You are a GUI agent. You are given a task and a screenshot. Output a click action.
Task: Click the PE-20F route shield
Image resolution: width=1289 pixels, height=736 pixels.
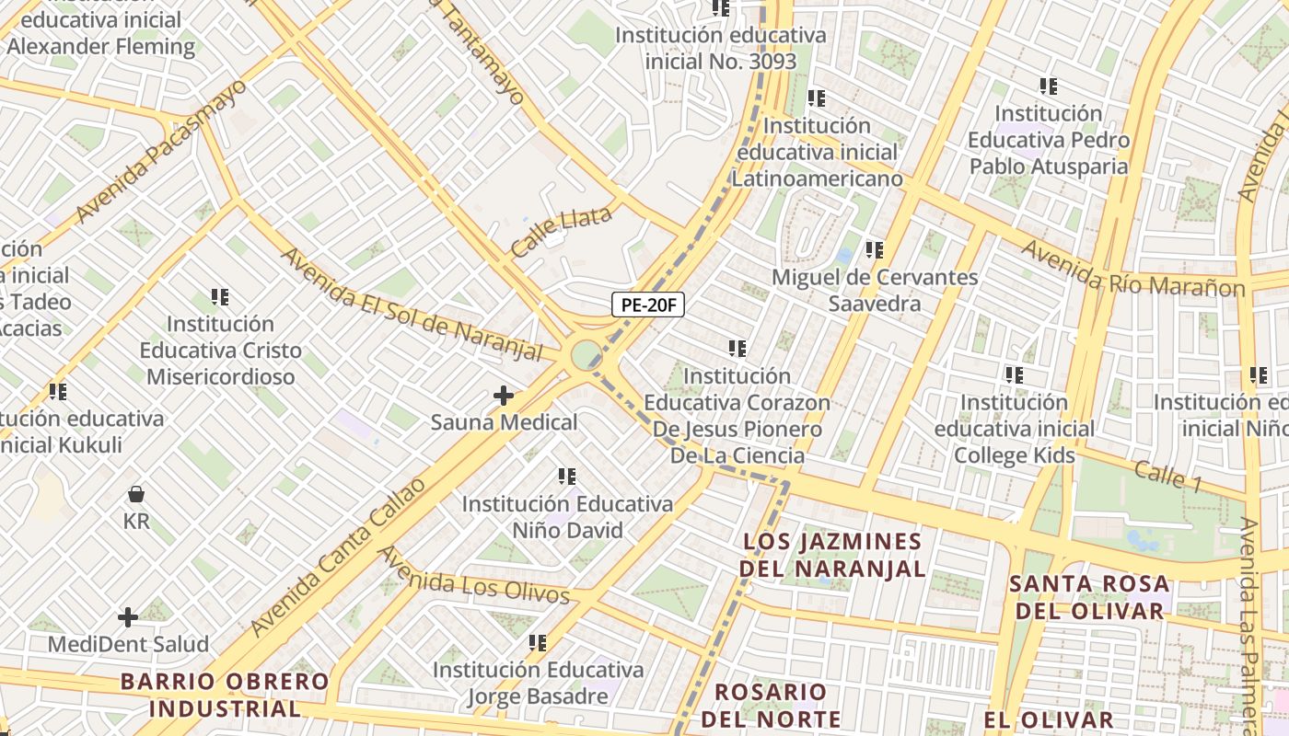coord(648,305)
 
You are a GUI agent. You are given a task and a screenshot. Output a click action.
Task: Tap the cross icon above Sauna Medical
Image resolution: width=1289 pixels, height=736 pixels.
coord(504,396)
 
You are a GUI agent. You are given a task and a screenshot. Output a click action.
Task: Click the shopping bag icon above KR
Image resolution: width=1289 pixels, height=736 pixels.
coord(136,494)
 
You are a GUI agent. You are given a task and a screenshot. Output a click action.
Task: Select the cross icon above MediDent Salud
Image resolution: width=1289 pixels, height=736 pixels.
coord(128,616)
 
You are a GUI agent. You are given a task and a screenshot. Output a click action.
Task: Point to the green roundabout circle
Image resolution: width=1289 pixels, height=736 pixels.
coord(586,353)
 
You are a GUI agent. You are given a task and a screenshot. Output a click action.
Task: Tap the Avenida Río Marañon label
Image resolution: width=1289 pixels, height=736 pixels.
coord(1132,268)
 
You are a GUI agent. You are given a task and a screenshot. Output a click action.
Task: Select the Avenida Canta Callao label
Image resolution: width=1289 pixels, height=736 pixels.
coord(340,557)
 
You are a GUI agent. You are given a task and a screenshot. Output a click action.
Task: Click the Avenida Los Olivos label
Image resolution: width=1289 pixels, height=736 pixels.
coord(475,576)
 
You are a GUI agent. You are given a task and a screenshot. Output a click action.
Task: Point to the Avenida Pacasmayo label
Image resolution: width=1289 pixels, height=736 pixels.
coord(161,150)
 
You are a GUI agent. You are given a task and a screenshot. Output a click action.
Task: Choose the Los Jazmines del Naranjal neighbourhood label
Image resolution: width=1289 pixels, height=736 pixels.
coord(831,555)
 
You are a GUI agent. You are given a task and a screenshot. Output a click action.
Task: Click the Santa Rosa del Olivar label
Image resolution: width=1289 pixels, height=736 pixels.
coord(1089,597)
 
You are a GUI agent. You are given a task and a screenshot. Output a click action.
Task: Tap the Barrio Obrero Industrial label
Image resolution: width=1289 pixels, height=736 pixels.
coord(225,695)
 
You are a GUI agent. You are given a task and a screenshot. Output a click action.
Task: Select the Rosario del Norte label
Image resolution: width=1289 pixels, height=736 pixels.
coord(771,705)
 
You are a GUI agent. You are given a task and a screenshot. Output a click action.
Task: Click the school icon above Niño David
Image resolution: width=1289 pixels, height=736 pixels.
coord(567,477)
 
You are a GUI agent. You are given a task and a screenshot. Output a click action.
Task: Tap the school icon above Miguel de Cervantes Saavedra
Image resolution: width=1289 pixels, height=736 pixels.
coord(874,249)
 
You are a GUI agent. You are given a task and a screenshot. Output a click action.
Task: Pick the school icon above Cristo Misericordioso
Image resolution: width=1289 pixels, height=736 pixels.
coord(220,297)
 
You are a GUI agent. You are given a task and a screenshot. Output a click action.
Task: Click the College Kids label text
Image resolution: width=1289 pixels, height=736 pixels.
coord(1015,455)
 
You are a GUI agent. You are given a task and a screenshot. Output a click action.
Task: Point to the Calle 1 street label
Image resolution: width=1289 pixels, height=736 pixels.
coord(1167,476)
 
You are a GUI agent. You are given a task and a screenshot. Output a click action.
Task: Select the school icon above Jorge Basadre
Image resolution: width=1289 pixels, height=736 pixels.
coord(538,642)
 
